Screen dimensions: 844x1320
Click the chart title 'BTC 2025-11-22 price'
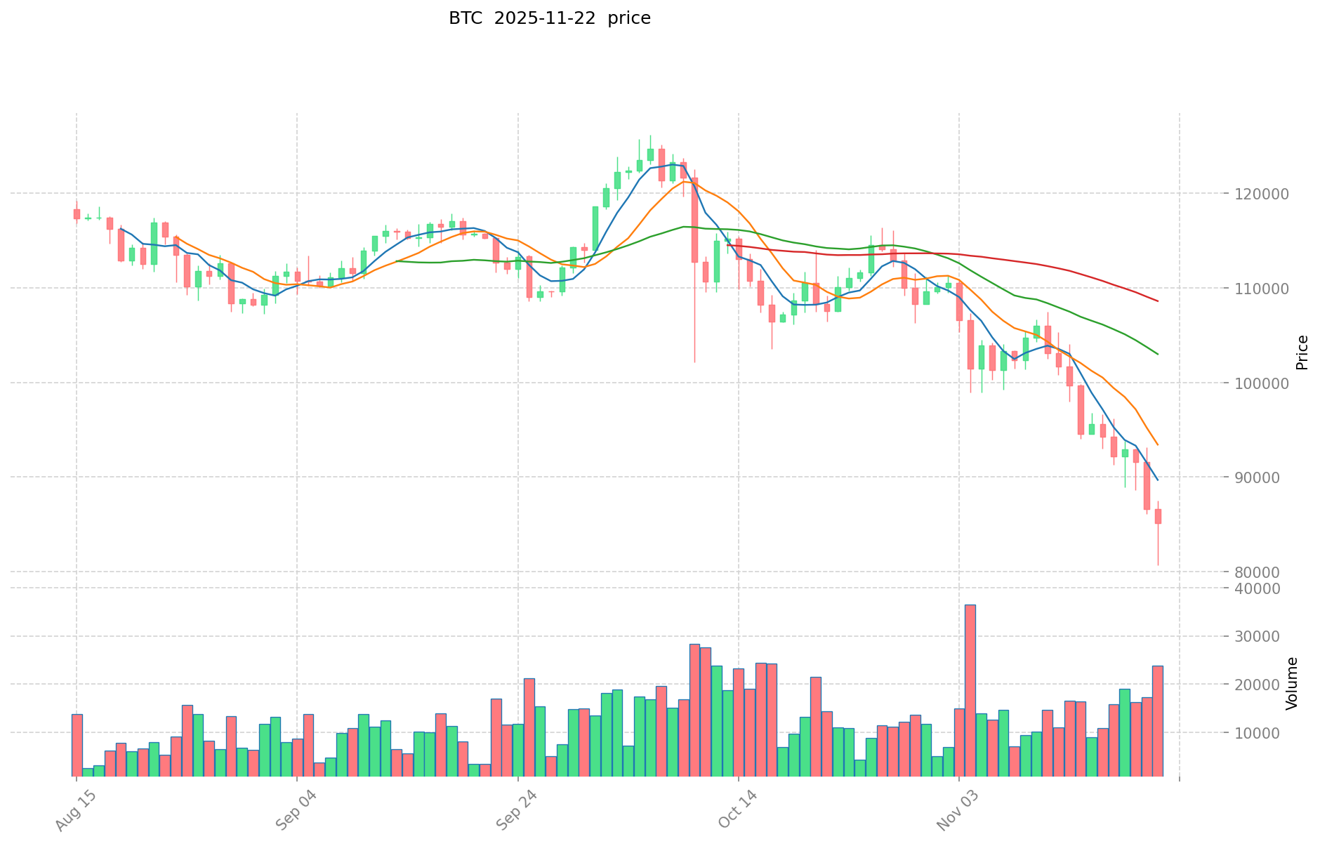(550, 18)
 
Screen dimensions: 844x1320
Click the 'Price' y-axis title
(1302, 352)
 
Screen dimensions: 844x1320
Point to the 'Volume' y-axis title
(1292, 683)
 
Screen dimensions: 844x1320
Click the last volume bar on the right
(1157, 720)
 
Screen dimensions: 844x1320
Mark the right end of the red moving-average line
(1157, 301)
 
